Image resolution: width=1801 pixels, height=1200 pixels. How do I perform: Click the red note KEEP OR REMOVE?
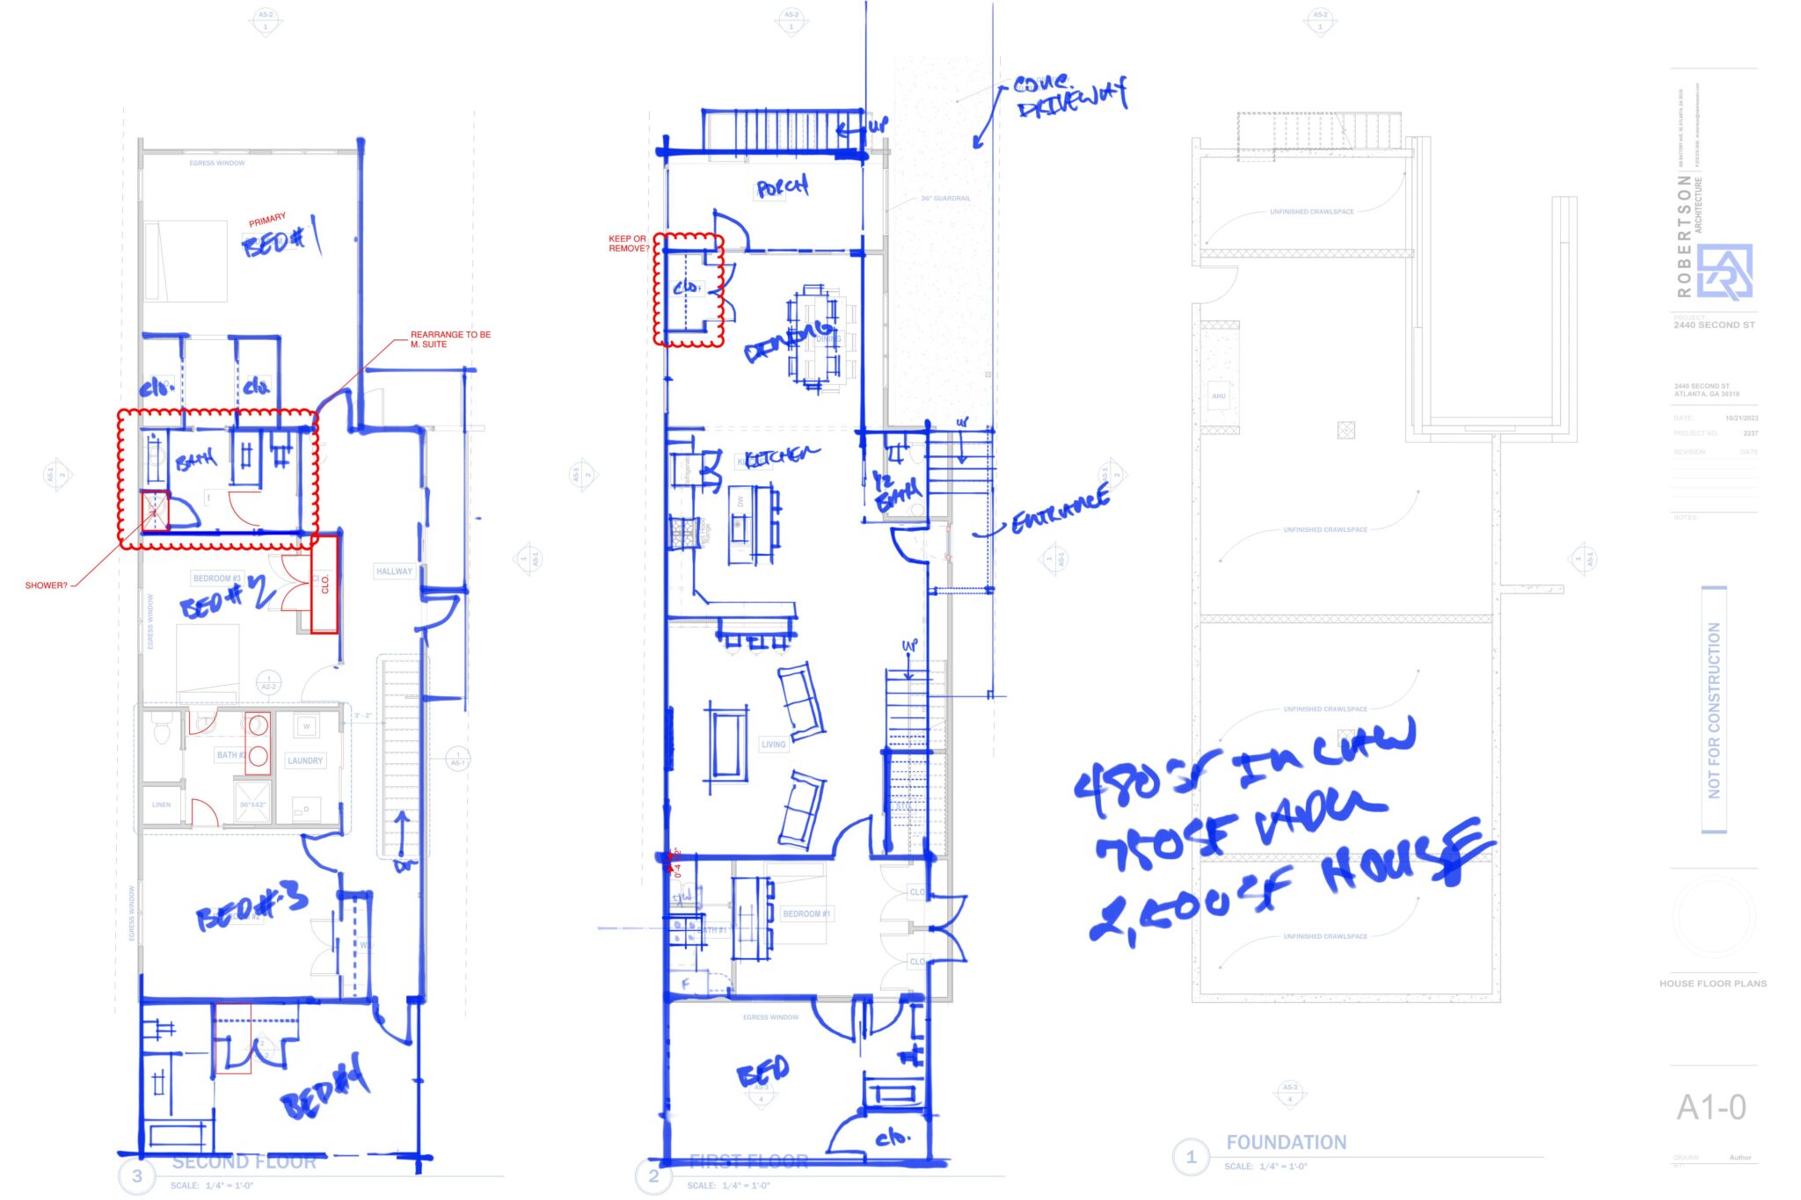point(628,244)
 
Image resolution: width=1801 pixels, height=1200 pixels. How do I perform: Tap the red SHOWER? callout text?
point(46,585)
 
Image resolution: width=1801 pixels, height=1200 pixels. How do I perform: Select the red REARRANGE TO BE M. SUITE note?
point(449,339)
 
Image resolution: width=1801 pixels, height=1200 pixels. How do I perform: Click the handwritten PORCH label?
point(782,187)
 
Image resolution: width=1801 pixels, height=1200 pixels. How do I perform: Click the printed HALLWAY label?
point(394,571)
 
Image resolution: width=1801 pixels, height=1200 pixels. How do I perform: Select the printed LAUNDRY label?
point(305,760)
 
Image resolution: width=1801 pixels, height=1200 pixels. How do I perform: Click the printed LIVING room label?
point(773,745)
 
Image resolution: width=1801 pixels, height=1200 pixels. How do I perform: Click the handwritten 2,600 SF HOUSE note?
point(1284,888)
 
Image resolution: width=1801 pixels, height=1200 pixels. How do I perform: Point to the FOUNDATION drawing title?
point(1286,1142)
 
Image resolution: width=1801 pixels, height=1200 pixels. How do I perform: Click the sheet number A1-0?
point(1710,1108)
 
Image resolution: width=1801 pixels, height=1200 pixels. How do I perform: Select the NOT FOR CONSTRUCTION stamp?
point(1714,709)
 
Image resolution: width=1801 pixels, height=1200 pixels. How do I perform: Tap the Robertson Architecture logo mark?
point(1724,272)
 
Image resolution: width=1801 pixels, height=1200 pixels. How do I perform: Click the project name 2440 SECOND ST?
point(1713,325)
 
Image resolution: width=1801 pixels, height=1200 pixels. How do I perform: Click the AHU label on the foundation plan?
point(1219,396)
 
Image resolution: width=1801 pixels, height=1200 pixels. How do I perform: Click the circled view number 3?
point(137,1175)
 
